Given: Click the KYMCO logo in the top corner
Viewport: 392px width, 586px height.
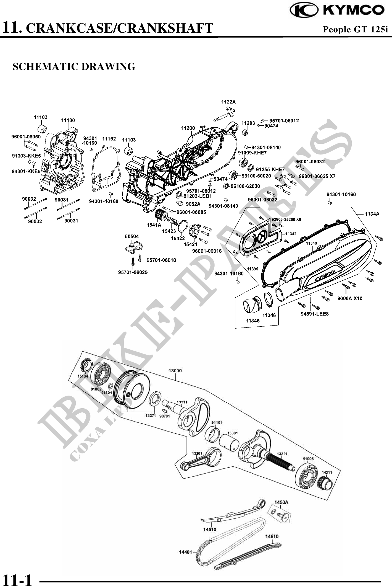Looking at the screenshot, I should tap(337, 10).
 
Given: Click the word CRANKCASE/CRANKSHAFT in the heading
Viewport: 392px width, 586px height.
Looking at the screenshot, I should tap(121, 28).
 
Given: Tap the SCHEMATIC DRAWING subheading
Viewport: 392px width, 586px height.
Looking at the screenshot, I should tap(74, 67).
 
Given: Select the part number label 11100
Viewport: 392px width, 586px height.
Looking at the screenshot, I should tap(68, 120).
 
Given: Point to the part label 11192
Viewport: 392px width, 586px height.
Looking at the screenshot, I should tap(109, 139).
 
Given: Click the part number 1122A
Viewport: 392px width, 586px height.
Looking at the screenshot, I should tap(228, 102).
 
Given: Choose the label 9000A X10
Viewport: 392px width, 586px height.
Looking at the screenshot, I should tap(350, 298).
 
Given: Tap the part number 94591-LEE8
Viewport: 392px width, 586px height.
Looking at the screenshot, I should tap(315, 314).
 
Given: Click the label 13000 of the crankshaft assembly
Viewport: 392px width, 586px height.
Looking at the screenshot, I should tap(175, 371).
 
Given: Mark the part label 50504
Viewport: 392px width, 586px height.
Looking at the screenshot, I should tap(132, 236).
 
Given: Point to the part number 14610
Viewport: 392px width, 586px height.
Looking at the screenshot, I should tap(272, 536).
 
